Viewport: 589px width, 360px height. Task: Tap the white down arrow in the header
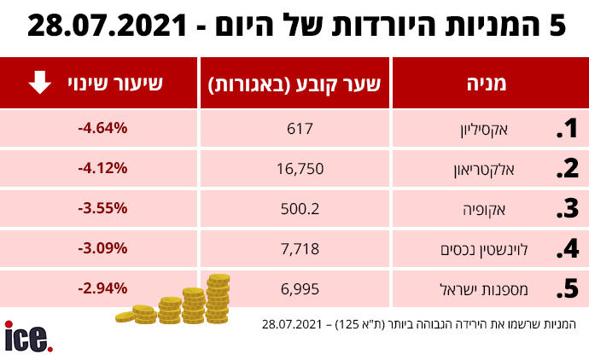click(39, 83)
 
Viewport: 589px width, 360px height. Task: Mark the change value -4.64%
click(102, 129)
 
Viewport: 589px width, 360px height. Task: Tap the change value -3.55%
click(102, 209)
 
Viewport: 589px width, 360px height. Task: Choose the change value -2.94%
click(102, 289)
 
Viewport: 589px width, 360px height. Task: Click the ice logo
click(28, 336)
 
